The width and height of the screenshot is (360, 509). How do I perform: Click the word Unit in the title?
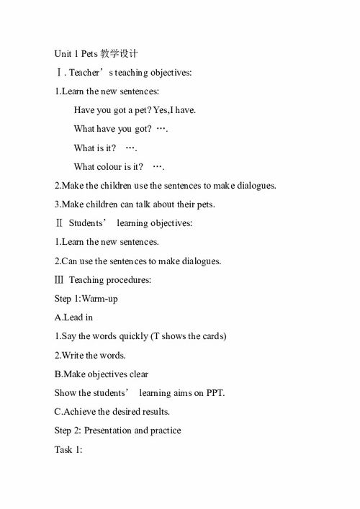[x=63, y=54]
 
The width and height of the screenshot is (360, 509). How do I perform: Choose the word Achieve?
[x=80, y=412]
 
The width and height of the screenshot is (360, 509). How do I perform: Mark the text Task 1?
[x=69, y=449]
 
